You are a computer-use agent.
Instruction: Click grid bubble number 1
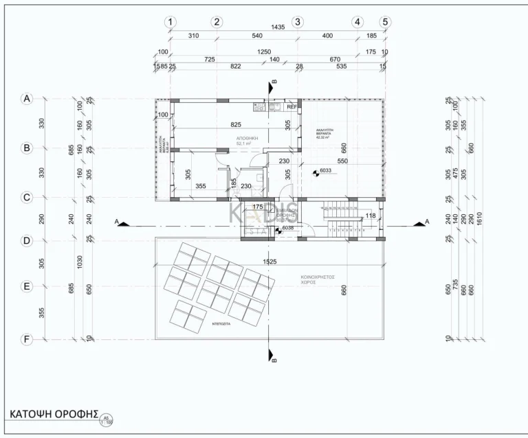170,21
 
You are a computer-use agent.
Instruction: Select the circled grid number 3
298,21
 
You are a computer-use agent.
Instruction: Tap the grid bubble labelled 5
385,21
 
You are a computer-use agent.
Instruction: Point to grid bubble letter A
27,99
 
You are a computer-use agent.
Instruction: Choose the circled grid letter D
27,241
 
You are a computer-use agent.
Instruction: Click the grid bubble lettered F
27,338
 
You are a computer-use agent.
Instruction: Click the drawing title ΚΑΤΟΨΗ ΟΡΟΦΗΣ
54,414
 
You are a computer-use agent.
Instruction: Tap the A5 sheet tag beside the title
106,418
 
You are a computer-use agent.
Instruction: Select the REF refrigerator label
291,107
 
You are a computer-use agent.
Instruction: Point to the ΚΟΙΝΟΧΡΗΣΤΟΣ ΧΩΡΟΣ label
317,279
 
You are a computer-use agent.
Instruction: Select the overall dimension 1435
278,27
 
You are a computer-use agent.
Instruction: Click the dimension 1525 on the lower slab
269,261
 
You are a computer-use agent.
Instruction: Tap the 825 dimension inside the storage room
236,124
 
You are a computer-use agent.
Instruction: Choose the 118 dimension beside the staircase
371,216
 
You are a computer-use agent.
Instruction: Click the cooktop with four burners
259,106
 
